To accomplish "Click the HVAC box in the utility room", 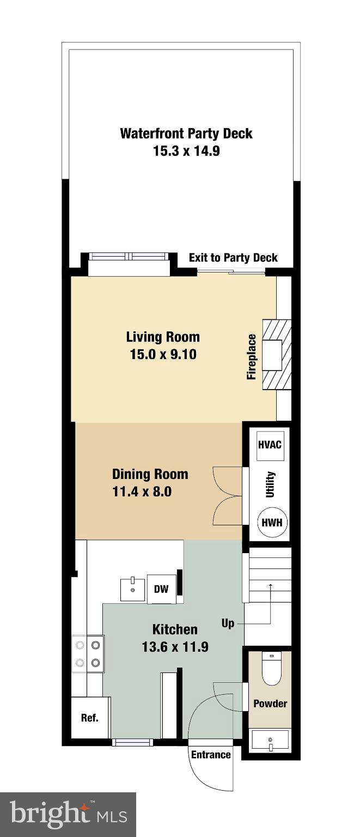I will click(x=270, y=445).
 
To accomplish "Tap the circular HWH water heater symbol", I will click(x=271, y=521).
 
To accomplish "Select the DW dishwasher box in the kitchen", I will click(x=161, y=589).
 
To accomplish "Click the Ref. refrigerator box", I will click(x=90, y=718).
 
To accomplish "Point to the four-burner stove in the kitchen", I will click(x=88, y=654).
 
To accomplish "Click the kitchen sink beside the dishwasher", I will click(x=132, y=590).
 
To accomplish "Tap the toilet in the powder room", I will click(x=271, y=669).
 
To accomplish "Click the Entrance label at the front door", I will click(x=211, y=755).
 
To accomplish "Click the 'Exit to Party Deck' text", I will click(x=233, y=258).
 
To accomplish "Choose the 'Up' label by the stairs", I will click(x=228, y=623).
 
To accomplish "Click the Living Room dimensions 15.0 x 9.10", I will click(x=163, y=355).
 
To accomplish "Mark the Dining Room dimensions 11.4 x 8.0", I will click(x=142, y=492).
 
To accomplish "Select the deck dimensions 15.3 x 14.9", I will click(x=186, y=151).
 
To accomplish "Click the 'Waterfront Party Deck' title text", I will click(x=186, y=134).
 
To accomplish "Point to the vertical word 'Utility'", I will click(x=270, y=484).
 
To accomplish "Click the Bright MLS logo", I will click(x=68, y=815).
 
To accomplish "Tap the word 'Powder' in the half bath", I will click(x=270, y=703).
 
